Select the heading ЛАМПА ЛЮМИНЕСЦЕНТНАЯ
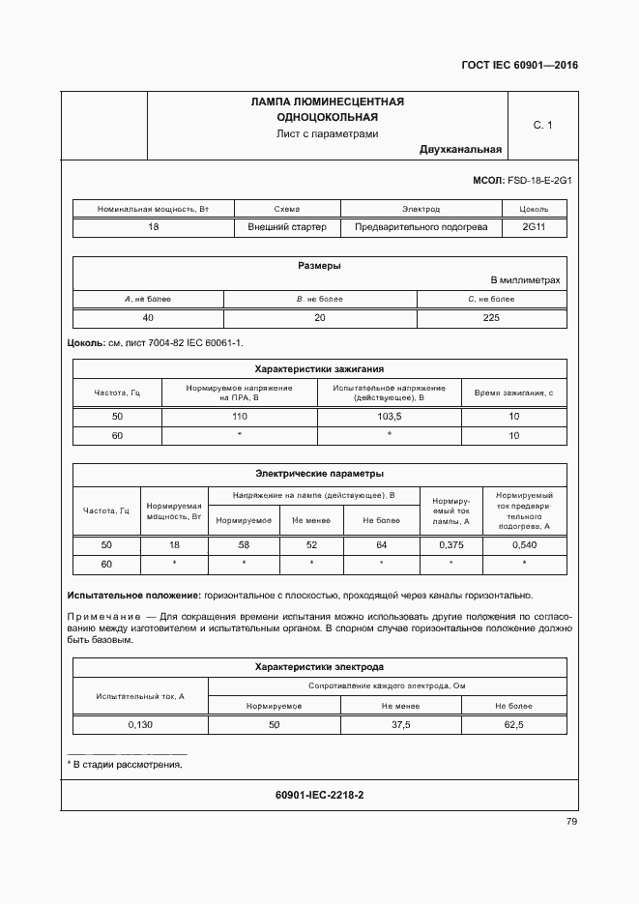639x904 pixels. click(x=327, y=102)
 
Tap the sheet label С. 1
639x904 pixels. click(x=542, y=126)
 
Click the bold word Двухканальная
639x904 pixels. click(x=461, y=150)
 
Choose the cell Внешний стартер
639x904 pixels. click(x=287, y=227)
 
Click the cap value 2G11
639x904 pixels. click(x=534, y=227)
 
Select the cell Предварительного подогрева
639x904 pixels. click(x=421, y=227)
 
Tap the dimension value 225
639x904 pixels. click(x=491, y=318)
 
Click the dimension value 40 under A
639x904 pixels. click(x=148, y=318)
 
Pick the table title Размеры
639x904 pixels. click(x=318, y=266)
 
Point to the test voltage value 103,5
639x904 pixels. click(x=389, y=417)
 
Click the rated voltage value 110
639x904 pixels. click(x=239, y=417)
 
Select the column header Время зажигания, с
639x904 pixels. click(x=513, y=393)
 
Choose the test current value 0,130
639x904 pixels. click(x=141, y=724)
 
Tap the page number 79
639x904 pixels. click(x=571, y=822)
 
